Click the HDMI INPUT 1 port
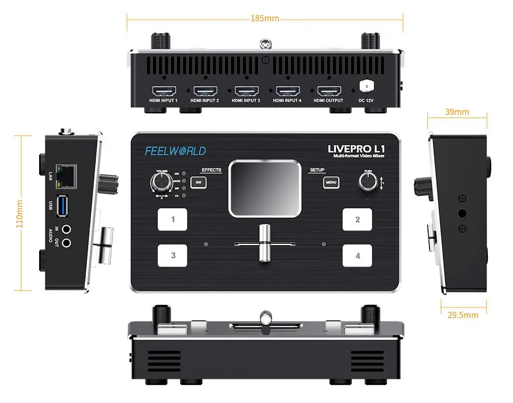[x=164, y=91]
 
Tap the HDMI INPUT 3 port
[x=247, y=91]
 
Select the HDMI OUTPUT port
[x=329, y=91]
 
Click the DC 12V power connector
[x=367, y=87]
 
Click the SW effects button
[x=197, y=182]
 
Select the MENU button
[x=331, y=182]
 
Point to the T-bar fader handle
[x=263, y=243]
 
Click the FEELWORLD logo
[x=175, y=151]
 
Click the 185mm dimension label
[x=264, y=18]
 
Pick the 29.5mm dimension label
[x=462, y=315]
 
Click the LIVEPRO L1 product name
[x=356, y=148]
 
